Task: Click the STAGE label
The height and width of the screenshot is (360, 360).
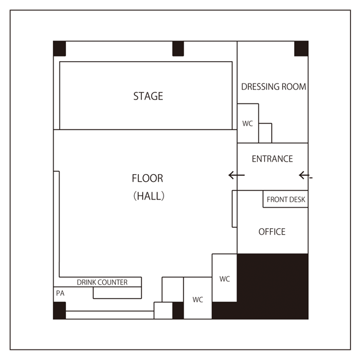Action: [x=148, y=96]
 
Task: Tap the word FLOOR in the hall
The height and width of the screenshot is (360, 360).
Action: [x=148, y=178]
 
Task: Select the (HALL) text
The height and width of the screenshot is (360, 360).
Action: [x=149, y=196]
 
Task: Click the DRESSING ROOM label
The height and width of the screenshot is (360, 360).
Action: [x=274, y=86]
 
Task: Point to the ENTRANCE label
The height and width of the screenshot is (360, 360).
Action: [x=272, y=159]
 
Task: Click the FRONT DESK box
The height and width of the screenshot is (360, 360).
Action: [x=285, y=199]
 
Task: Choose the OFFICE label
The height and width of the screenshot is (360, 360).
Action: [x=272, y=232]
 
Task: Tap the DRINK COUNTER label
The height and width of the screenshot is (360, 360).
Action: [x=102, y=282]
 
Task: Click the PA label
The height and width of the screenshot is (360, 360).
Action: [x=60, y=293]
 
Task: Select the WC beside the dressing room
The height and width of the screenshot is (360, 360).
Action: [x=248, y=124]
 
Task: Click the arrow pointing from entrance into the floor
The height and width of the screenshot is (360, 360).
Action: [x=236, y=175]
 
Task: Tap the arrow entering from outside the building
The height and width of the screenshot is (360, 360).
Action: [x=305, y=175]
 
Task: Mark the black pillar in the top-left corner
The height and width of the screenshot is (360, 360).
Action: [x=59, y=48]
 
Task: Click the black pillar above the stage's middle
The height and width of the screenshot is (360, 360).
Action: [x=178, y=48]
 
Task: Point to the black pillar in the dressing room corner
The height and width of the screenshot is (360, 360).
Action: [x=301, y=48]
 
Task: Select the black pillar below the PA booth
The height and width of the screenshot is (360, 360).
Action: [x=59, y=311]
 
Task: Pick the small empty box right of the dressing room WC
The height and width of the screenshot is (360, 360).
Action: [x=265, y=133]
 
